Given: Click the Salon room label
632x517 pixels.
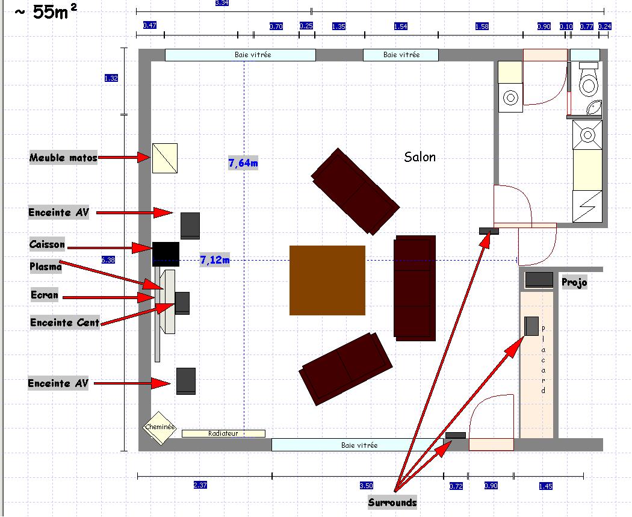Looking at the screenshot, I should pos(420,157).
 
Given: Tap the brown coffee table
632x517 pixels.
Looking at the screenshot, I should pos(327,280).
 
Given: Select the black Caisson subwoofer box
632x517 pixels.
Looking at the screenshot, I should pos(166,254).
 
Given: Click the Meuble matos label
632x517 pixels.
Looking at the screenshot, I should pos(63,158).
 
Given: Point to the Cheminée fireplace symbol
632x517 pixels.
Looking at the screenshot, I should pos(160,427).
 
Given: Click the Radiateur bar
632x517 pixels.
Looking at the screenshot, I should pos(223,433).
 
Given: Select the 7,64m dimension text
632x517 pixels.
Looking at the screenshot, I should pos(243,163).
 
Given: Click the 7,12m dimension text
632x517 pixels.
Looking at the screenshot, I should pos(214,260).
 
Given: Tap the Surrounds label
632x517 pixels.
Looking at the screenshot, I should pos(392,503).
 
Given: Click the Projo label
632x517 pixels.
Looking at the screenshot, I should pos(574,282).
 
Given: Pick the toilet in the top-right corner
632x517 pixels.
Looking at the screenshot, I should pos(588,81).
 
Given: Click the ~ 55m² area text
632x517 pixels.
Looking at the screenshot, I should pos(46,13).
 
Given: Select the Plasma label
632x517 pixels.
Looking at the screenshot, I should pos(46,266).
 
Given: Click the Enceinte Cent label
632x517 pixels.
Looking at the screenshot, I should pos(65,323).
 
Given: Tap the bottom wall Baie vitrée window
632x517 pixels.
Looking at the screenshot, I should pos(359,445).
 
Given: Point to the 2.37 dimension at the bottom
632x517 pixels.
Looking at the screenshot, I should pos(200,485).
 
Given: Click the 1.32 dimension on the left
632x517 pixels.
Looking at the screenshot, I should pos(111,78).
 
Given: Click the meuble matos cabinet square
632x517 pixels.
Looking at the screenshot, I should pos(164,158).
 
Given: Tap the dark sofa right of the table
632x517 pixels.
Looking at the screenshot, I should pos(415,288).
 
